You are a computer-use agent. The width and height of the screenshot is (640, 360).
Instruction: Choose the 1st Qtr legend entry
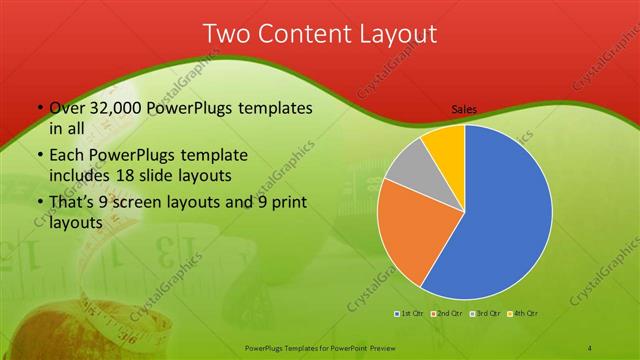[410, 315]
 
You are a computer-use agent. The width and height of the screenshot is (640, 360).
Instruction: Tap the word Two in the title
[227, 33]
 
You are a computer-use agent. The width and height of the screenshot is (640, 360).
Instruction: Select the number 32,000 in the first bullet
[116, 108]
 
